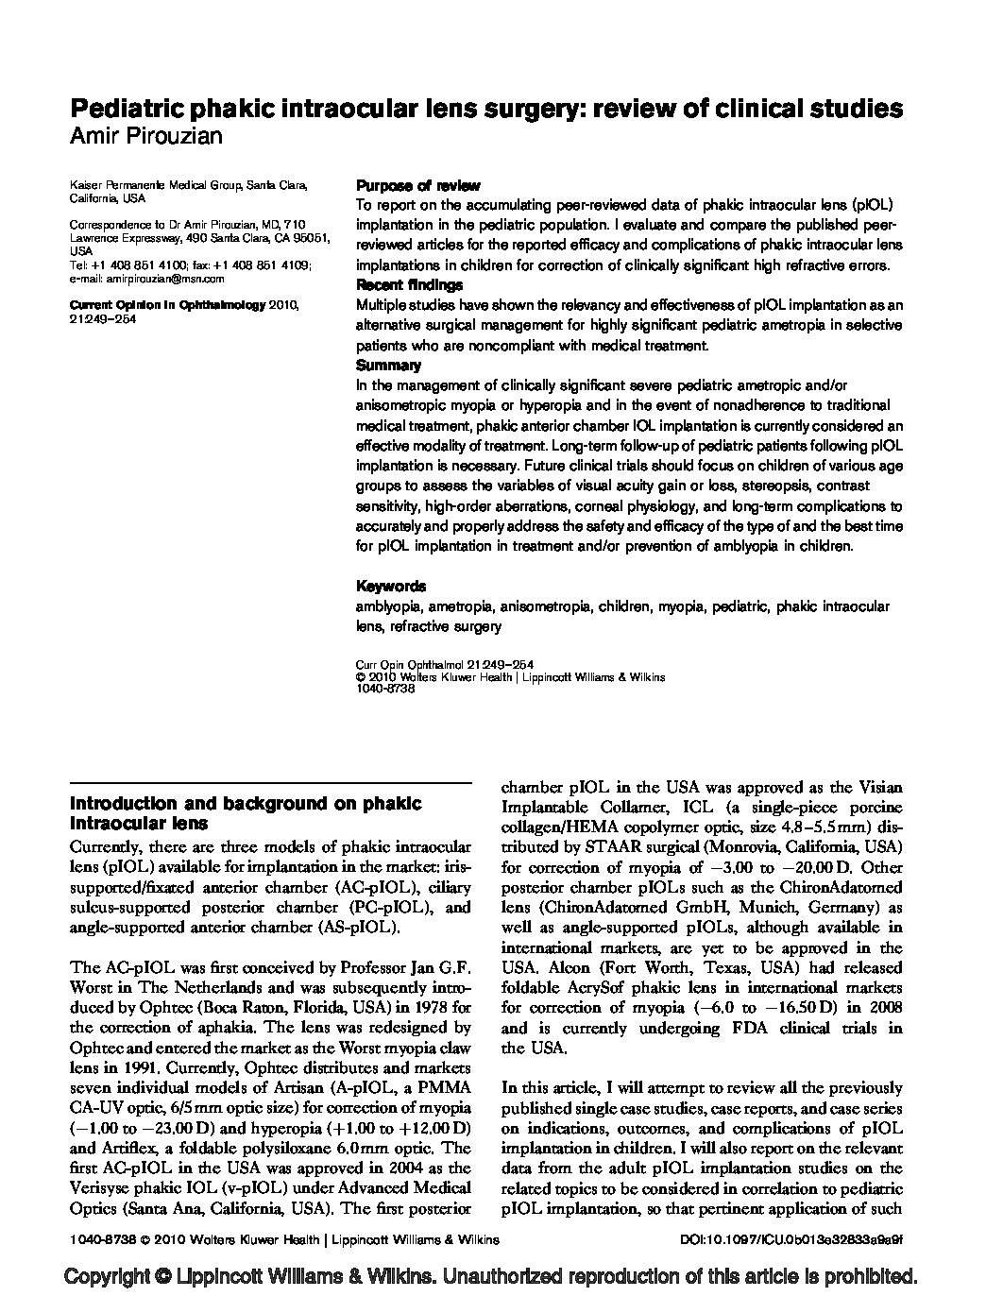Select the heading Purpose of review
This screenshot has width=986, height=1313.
point(417,186)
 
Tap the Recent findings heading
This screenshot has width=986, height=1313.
point(409,285)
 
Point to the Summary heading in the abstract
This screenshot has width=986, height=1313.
point(388,366)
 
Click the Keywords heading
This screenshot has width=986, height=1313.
point(391,586)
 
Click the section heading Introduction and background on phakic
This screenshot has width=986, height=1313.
point(246,804)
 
